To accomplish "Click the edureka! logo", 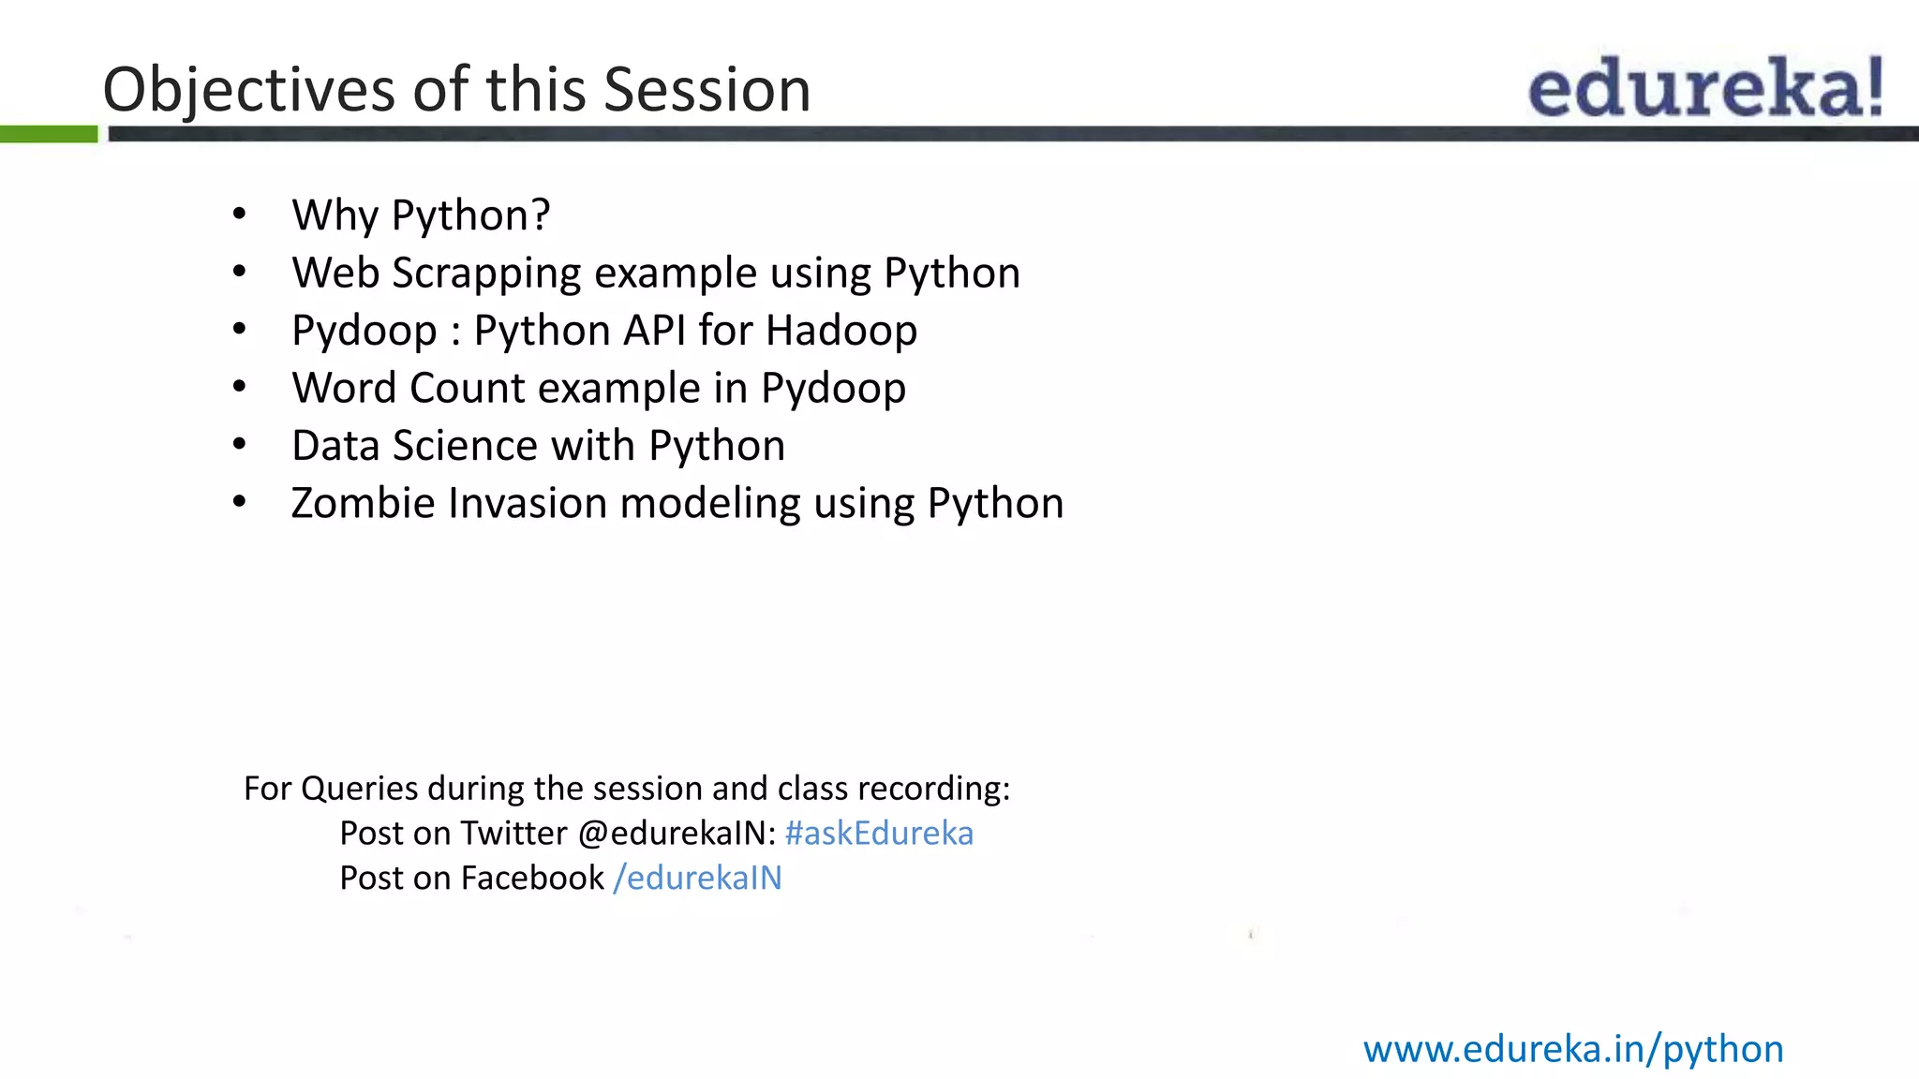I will pos(1705,87).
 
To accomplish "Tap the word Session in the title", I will pos(707,91).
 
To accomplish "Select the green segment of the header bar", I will pos(48,134).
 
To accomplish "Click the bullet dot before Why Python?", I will pos(240,214).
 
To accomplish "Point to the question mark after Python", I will pos(541,214).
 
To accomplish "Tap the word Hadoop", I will pos(840,331).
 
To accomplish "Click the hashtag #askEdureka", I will pos(878,833).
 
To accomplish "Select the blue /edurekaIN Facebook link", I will pos(697,878).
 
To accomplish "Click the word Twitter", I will pos(513,833).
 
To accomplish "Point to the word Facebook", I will pos(531,878).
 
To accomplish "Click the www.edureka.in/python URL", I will pos(1572,1049).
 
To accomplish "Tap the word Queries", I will pos(359,789).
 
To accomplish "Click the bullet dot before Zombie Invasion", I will pos(240,503).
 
